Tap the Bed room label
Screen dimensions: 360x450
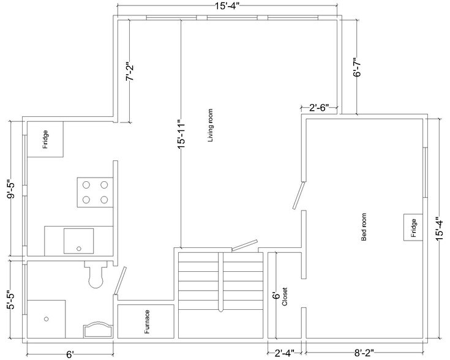coord(364,228)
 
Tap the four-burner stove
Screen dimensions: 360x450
coord(94,192)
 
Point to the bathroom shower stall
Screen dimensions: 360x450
coord(47,318)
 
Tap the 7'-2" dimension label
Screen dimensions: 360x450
coord(129,74)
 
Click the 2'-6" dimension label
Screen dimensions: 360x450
coord(319,108)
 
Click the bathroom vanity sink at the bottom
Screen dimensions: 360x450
coord(97,330)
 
